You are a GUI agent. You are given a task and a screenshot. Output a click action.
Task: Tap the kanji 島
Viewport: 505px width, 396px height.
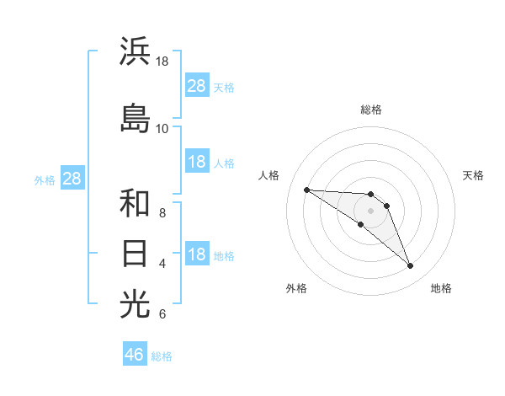(135, 117)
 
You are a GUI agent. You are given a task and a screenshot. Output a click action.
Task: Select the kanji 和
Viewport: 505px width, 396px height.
(135, 203)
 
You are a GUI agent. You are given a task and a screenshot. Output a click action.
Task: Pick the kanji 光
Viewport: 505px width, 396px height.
(135, 303)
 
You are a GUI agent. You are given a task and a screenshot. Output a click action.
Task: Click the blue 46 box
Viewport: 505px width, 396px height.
(135, 355)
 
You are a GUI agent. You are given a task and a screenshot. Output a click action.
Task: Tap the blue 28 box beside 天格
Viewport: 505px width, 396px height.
(197, 86)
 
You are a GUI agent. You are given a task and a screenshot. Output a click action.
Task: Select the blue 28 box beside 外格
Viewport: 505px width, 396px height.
(72, 179)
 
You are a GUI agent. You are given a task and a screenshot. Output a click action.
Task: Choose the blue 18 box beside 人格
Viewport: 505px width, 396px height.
(197, 162)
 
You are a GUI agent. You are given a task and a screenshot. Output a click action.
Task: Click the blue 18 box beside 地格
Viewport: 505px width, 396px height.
(197, 255)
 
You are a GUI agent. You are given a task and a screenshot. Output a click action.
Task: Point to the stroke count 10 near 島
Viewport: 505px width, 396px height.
(162, 128)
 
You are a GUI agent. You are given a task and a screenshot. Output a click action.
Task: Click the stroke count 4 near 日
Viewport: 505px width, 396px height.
(162, 264)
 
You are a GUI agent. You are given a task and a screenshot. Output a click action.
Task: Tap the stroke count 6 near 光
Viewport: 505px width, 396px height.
(162, 314)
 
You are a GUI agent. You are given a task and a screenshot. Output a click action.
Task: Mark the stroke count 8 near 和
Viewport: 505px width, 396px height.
(162, 213)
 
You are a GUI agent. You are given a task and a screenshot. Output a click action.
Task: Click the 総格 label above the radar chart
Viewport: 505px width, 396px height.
(370, 110)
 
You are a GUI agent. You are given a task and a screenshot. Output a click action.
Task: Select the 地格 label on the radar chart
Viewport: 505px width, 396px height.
(441, 288)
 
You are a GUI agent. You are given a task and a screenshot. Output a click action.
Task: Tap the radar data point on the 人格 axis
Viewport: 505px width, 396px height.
(306, 190)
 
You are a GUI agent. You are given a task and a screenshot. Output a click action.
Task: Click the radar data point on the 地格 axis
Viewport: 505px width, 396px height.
(410, 266)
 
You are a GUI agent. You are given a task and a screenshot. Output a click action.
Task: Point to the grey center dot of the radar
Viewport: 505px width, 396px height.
(370, 211)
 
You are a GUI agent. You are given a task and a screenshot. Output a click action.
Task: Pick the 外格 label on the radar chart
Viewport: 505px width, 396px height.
(296, 288)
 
